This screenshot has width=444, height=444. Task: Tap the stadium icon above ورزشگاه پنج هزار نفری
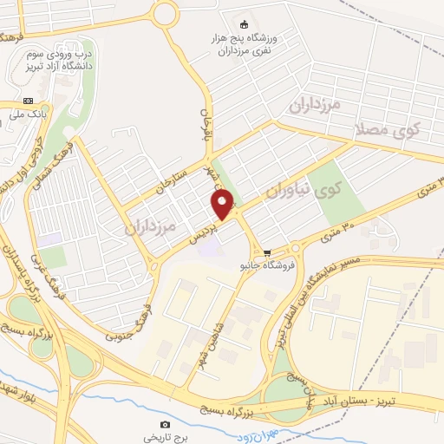click(x=244, y=23)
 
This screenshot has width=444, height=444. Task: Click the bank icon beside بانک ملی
click(x=28, y=101)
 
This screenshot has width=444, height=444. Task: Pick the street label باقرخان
click(x=207, y=124)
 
